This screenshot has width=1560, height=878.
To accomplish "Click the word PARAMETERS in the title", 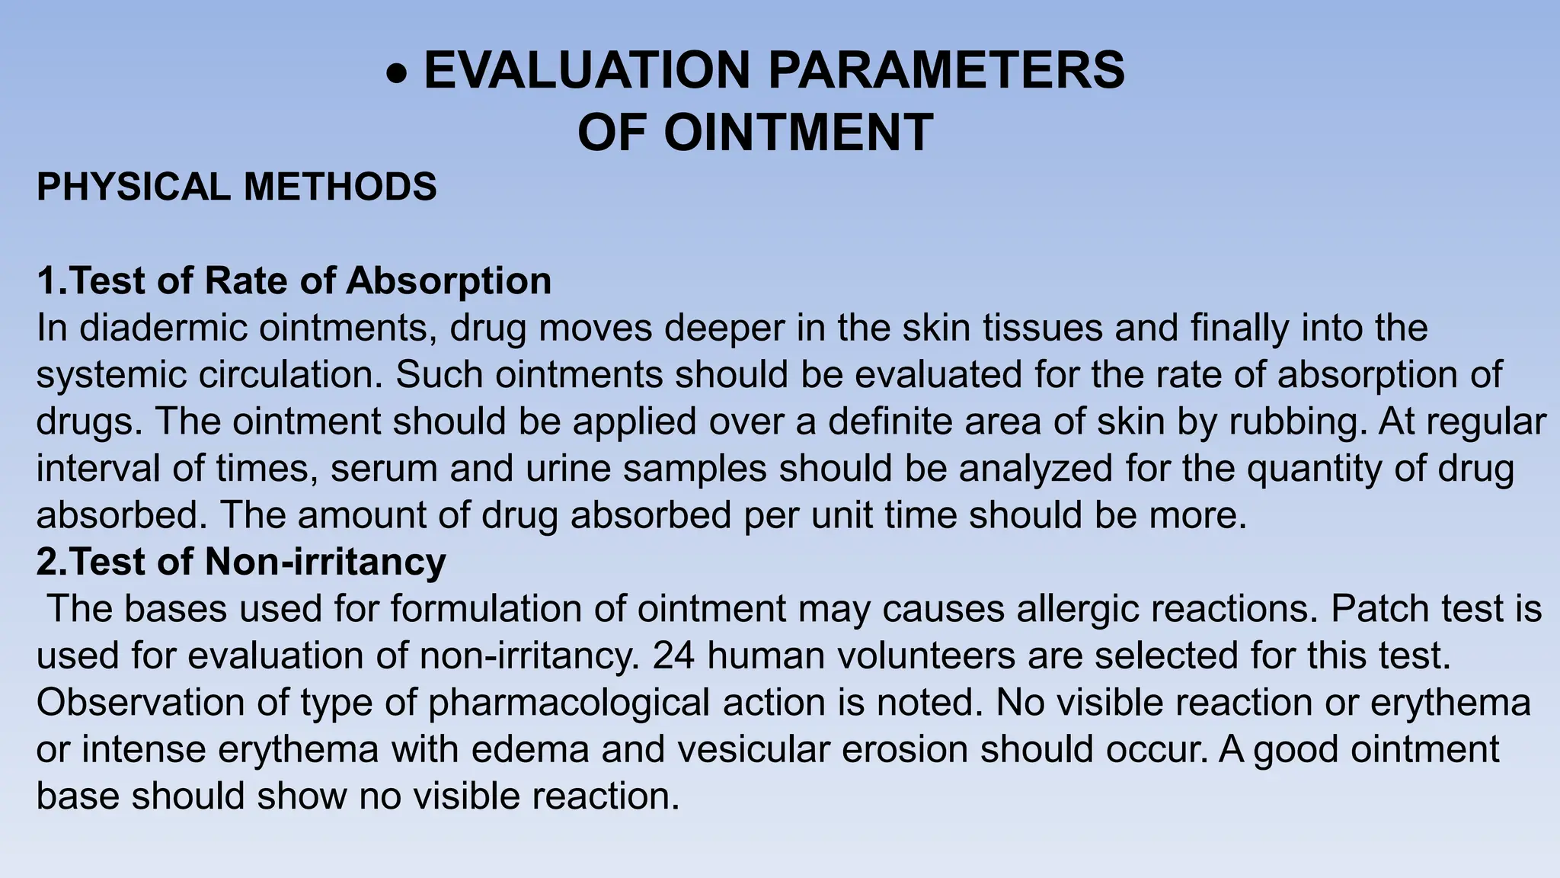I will pos(946,71).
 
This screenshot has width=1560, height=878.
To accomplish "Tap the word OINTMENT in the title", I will pos(798,133).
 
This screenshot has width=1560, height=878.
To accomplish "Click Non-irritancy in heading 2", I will pos(325,562).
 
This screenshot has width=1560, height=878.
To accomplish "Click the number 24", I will pos(673,656).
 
